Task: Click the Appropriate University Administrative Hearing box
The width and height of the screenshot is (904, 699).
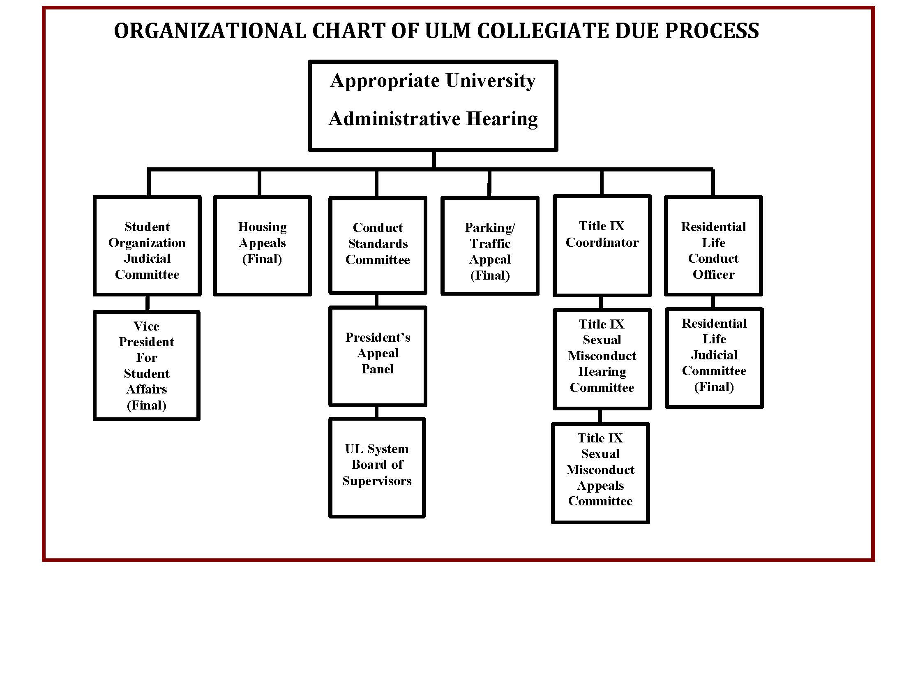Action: point(433,106)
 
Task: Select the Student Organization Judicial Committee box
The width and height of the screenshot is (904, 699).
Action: point(147,246)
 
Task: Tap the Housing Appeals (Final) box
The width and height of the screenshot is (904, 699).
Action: point(262,246)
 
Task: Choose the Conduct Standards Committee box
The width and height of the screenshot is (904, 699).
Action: point(378,245)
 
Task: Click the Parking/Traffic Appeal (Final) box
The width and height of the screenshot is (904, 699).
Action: point(490,246)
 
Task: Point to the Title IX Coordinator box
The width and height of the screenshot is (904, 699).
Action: point(602,246)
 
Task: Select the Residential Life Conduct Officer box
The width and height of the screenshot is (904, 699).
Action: point(713,246)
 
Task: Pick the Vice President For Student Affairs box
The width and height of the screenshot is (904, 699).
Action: point(147,366)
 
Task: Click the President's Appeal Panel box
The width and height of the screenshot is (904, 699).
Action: point(378,356)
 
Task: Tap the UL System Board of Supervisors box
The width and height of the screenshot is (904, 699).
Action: point(377,468)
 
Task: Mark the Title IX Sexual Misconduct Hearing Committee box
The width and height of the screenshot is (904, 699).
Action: point(602,359)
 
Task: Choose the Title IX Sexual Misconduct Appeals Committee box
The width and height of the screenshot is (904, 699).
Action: point(600,473)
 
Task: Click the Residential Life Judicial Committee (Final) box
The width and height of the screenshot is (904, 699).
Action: point(714,358)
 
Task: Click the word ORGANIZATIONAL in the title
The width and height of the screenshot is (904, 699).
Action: point(210,31)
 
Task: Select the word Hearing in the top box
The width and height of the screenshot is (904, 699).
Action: point(502,119)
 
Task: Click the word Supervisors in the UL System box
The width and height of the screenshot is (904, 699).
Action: point(377,481)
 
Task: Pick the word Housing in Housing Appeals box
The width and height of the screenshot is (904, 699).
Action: point(262,227)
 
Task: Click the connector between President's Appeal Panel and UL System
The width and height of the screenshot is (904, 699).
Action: point(377,412)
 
